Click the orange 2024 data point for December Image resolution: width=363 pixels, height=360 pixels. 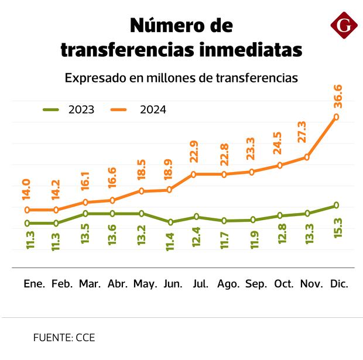click(x=336, y=117)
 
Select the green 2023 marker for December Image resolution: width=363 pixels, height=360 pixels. click(x=336, y=205)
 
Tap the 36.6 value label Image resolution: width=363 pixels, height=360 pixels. click(x=338, y=96)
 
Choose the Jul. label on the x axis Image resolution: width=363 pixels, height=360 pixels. click(x=200, y=284)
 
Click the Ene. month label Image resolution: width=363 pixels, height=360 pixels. click(x=34, y=284)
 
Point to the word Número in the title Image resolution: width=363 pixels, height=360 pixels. click(x=159, y=25)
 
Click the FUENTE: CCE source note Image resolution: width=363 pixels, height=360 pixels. click(x=64, y=338)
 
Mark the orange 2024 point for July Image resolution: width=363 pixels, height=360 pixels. click(x=193, y=174)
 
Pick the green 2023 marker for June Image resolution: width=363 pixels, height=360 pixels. click(x=170, y=222)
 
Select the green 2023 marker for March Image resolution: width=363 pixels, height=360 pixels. click(x=85, y=214)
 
